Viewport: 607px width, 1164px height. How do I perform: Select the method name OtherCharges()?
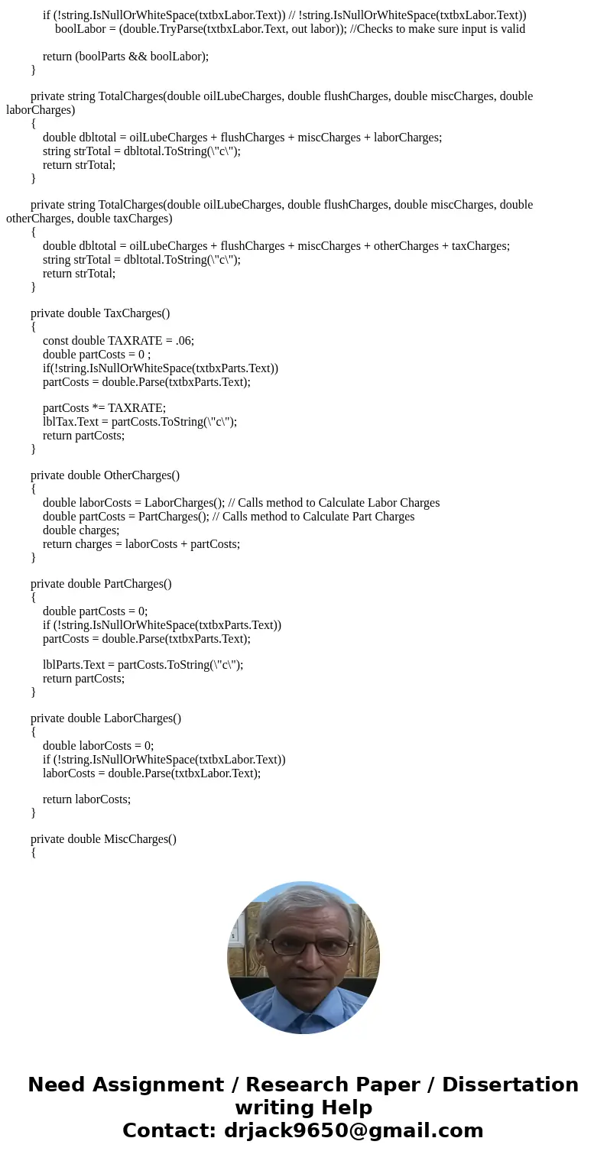(141, 475)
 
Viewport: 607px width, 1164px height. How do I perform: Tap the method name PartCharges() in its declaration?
(138, 584)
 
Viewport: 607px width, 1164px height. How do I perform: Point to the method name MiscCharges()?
(140, 839)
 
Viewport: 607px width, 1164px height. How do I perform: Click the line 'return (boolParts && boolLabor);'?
(125, 57)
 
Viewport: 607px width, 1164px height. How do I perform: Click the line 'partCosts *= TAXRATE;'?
(104, 408)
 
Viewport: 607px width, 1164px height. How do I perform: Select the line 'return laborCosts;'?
(86, 799)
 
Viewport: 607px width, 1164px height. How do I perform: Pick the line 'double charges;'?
(81, 530)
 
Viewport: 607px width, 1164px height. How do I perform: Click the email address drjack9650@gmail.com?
(353, 1131)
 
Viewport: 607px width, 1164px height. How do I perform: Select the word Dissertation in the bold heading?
(510, 1085)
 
